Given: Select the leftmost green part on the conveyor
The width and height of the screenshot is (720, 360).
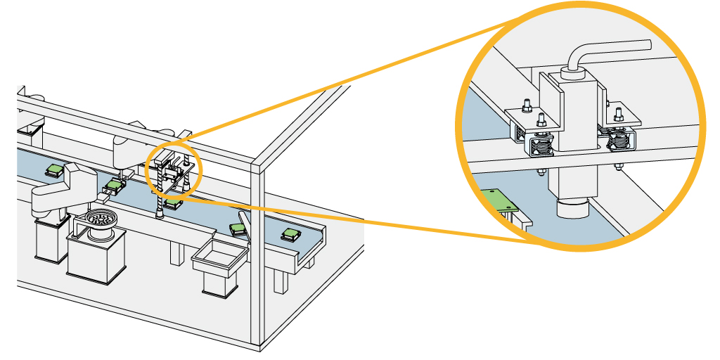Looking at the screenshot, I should tap(54, 169).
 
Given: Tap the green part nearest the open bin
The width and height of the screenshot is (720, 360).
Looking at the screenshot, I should tap(238, 229).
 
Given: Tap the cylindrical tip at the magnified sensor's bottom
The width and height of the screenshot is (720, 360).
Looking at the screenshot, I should tap(571, 208).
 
